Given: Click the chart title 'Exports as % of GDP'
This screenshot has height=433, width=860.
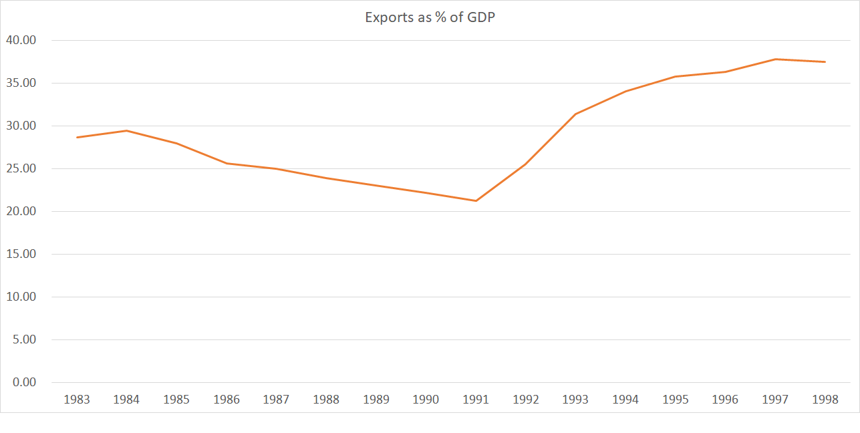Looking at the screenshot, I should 430,17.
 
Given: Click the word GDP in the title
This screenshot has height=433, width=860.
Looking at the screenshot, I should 480,17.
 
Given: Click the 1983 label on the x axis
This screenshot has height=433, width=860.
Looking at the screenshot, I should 77,400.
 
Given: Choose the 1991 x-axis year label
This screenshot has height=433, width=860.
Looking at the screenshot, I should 476,400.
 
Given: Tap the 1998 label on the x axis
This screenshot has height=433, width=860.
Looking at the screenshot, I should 825,400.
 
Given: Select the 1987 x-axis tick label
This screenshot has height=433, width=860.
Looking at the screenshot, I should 276,400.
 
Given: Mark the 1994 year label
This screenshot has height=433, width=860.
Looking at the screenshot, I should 625,400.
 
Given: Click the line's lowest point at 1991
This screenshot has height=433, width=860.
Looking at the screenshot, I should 476,200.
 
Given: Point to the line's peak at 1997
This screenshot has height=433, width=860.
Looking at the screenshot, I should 775,59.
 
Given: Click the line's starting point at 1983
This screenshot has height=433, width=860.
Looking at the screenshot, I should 77,137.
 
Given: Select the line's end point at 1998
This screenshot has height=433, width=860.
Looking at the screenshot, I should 825,61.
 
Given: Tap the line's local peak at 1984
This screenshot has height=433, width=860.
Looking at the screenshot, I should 127,130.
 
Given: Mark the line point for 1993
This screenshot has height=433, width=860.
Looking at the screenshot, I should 575,114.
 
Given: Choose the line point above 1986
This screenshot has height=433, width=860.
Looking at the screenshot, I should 227,163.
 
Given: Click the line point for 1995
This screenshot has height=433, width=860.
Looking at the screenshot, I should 675,76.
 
